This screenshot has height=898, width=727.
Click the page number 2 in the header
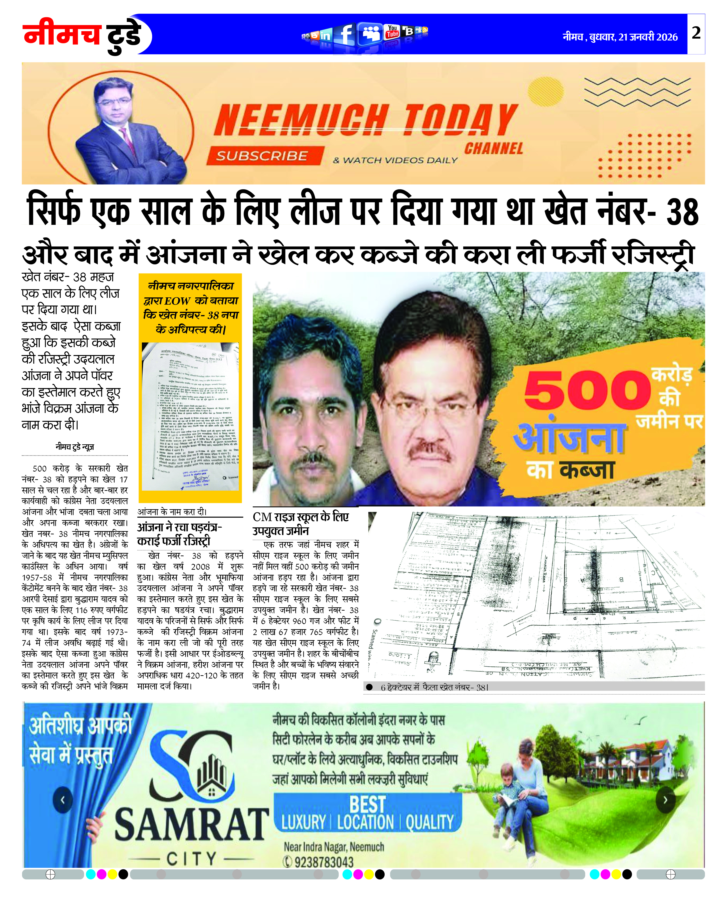696,33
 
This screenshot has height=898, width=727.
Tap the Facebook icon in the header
346,34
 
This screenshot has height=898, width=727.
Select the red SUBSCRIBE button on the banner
262,156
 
